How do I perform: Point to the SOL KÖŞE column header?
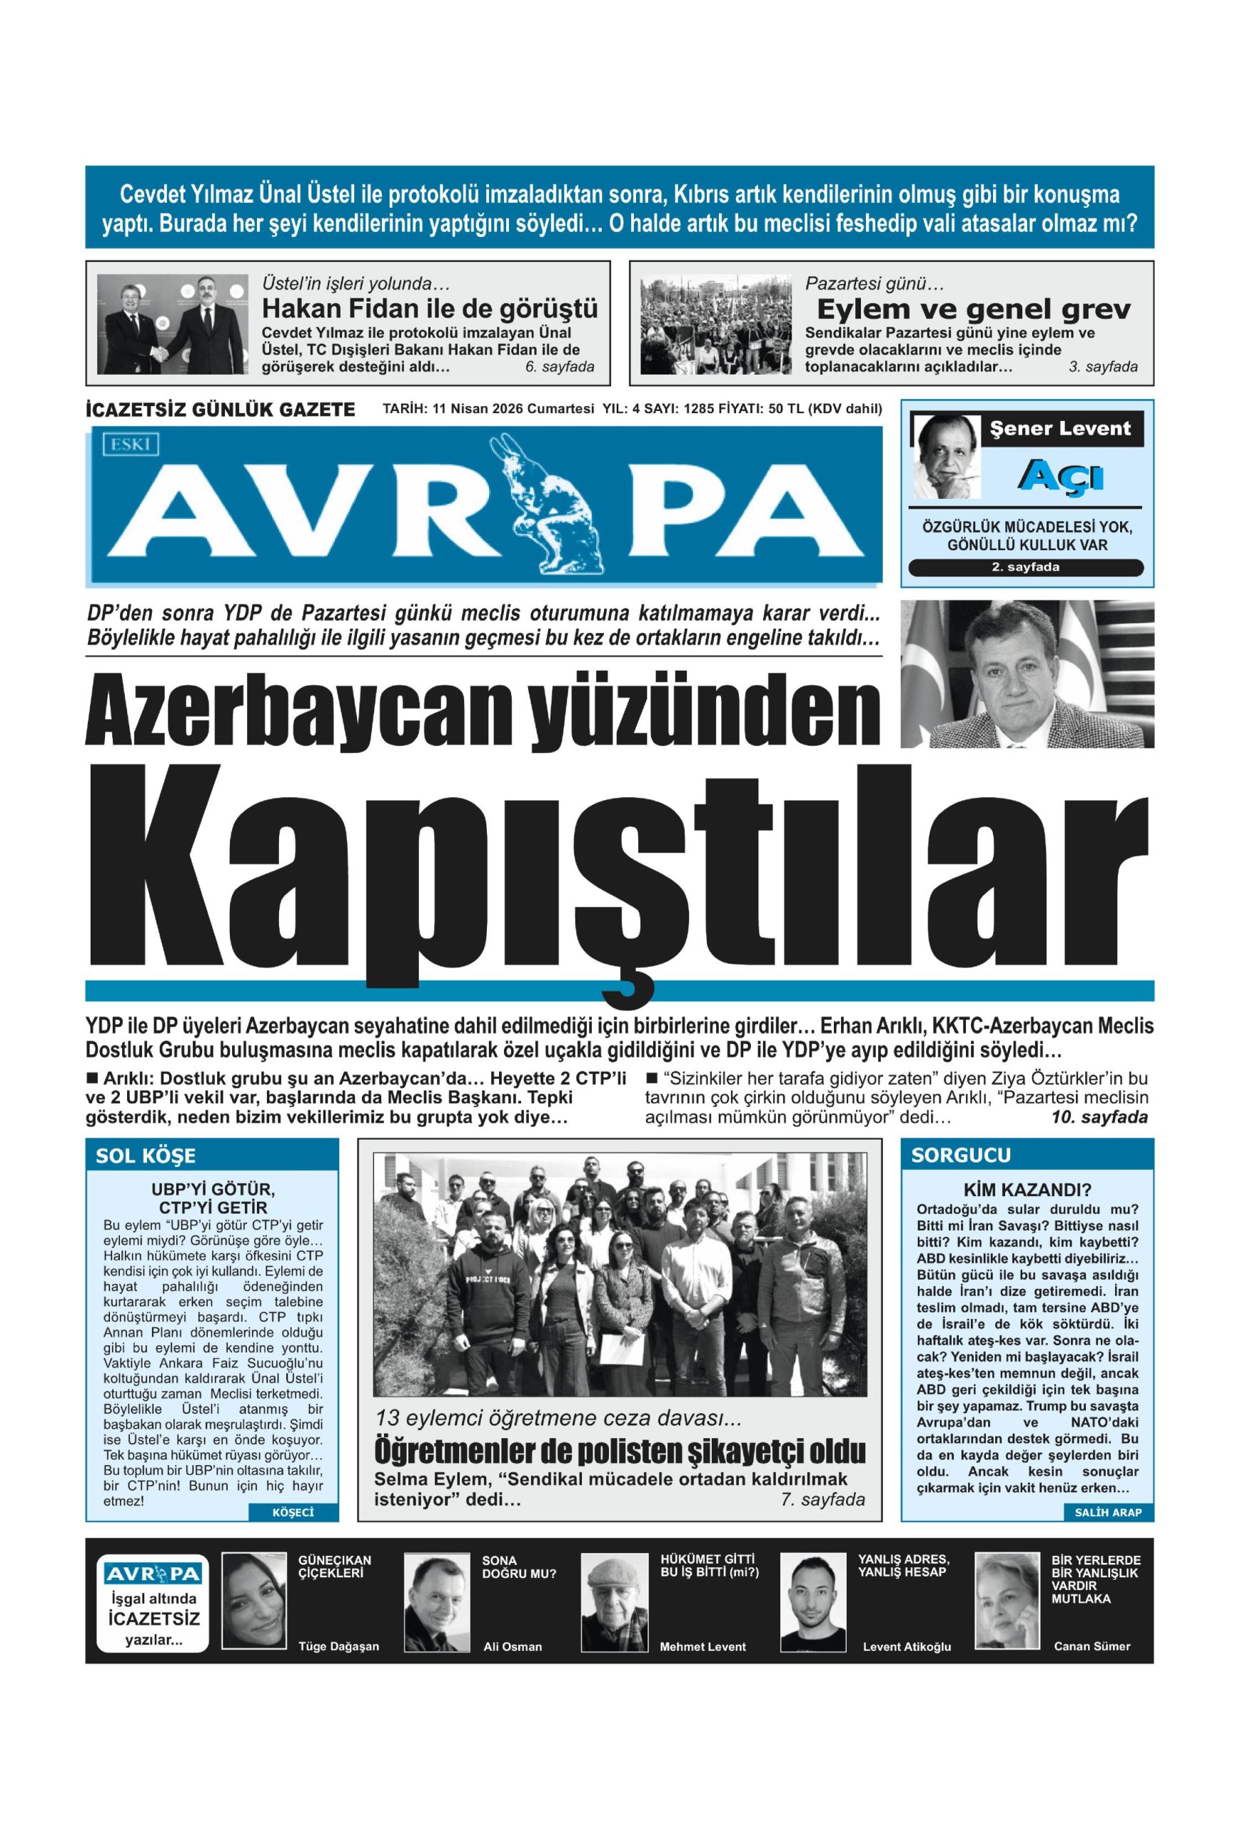click(146, 1155)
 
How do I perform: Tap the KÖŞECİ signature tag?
click(293, 1512)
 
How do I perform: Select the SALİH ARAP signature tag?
click(1107, 1512)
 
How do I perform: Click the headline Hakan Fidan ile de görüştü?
click(429, 308)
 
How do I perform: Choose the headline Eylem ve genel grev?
click(974, 309)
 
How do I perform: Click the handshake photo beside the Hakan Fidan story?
click(172, 324)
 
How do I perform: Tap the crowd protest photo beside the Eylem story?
click(715, 324)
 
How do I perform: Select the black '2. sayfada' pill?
click(1025, 567)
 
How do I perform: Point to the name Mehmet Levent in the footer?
click(702, 1646)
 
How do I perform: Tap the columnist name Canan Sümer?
click(1092, 1646)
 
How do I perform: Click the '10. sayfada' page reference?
click(1099, 1117)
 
